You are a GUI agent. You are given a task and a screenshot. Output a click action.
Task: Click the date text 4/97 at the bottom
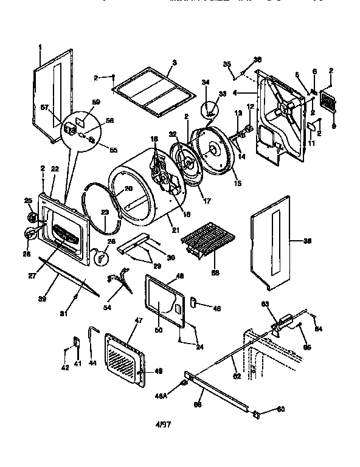[x=163, y=424]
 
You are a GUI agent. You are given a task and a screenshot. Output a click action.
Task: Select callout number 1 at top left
[x=40, y=47]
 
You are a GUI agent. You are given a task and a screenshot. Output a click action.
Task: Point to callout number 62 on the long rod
[x=237, y=376]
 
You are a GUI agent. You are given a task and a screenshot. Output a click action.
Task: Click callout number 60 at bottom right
[x=281, y=409]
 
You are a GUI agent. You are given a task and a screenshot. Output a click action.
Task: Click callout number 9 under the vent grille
[x=333, y=126]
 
